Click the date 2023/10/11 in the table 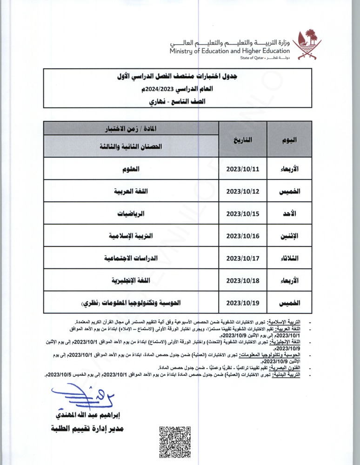click(242, 169)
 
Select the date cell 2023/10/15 click(242, 214)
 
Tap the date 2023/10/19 click(242, 303)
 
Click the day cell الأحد click(291, 214)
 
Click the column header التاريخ click(242, 139)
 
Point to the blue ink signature click(77, 398)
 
